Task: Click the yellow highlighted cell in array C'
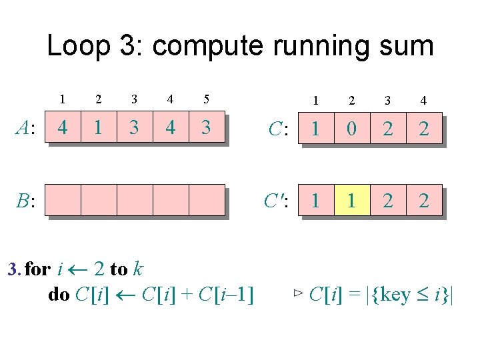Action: coord(351,200)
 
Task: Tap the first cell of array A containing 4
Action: coord(62,127)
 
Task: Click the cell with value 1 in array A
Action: coord(98,127)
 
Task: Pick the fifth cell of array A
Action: coord(206,127)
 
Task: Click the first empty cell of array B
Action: coord(62,200)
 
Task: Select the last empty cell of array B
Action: coord(206,200)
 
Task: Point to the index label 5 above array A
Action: coord(206,100)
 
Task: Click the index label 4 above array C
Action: coord(423,101)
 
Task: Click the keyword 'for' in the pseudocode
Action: coord(37,269)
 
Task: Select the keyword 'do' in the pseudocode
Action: coord(59,294)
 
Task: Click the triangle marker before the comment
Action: coord(298,293)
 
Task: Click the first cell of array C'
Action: coord(315,200)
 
